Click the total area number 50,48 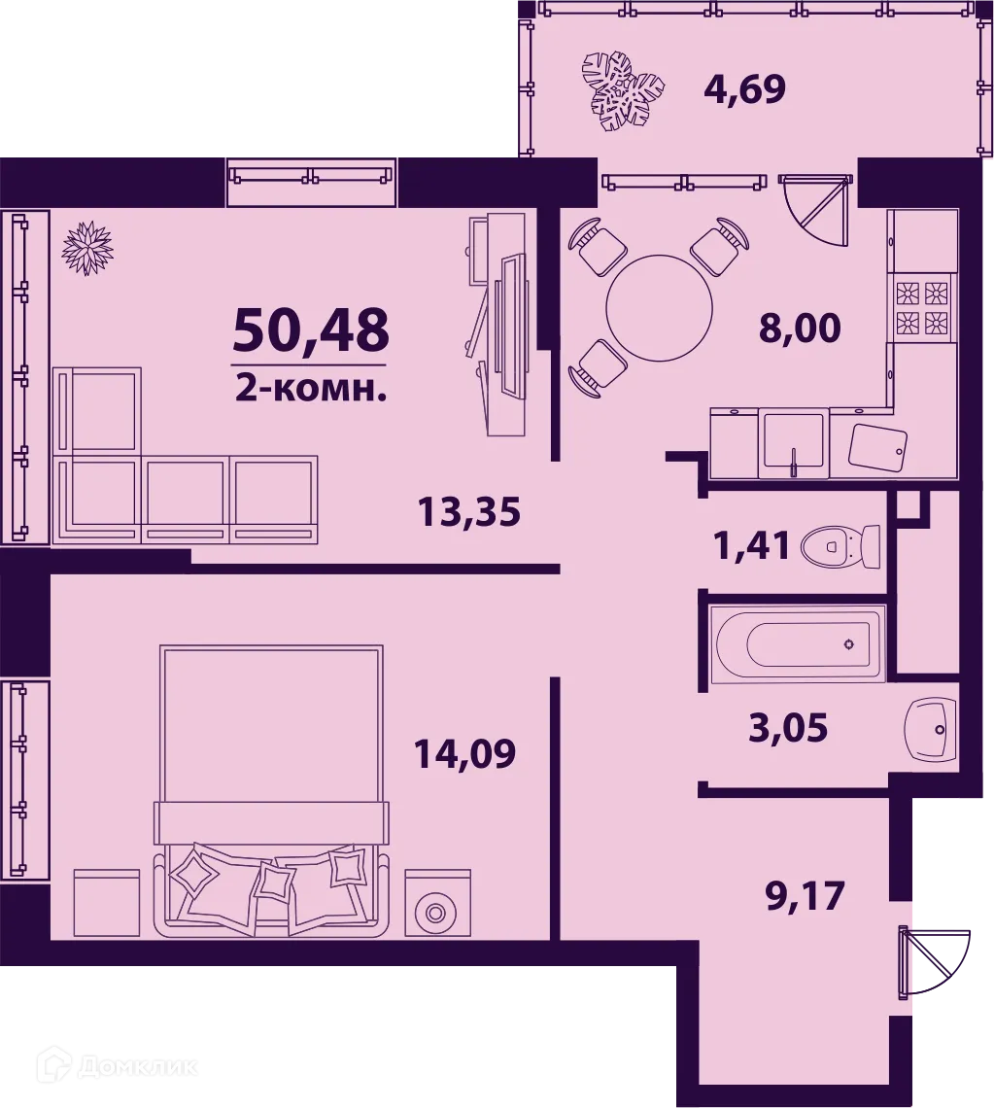click(311, 329)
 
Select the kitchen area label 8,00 click(800, 329)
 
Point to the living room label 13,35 click(469, 510)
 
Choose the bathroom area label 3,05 click(788, 726)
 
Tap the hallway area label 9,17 click(805, 895)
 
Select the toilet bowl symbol click(840, 547)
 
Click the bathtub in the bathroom click(797, 643)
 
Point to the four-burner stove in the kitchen click(920, 306)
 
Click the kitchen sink click(794, 444)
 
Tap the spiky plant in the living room click(87, 248)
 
